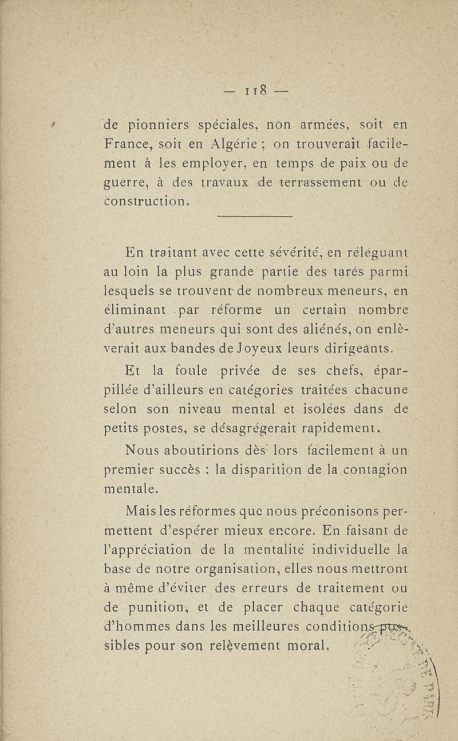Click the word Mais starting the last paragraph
[141, 508]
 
